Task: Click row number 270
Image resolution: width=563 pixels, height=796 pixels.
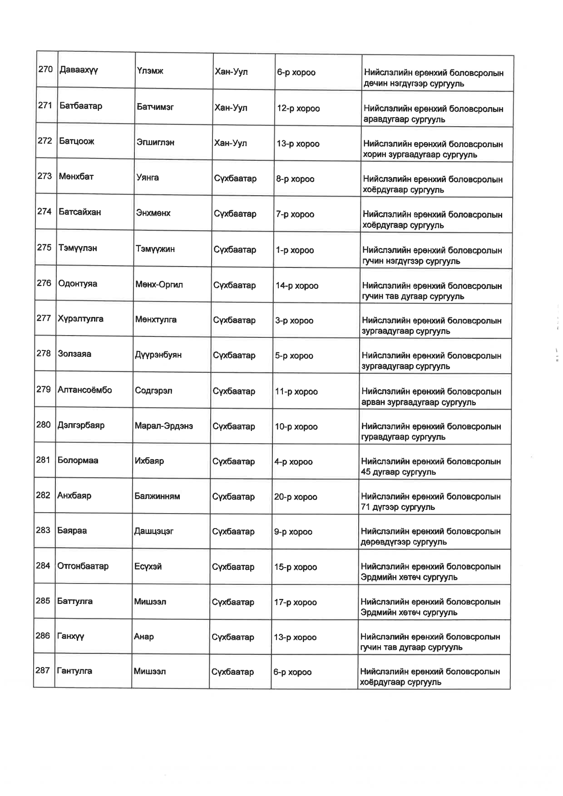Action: click(45, 69)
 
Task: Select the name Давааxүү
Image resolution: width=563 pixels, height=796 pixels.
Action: click(79, 70)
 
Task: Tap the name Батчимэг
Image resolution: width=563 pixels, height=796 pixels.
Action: click(155, 107)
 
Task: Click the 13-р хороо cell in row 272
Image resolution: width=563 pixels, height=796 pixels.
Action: click(298, 144)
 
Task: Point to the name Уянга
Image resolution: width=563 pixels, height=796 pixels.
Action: click(148, 178)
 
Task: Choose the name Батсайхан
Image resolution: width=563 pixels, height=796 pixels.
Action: click(79, 212)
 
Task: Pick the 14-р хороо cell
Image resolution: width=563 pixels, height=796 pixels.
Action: click(297, 286)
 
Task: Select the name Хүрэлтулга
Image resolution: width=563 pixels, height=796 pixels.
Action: click(80, 319)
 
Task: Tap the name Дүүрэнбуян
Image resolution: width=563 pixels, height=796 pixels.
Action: click(158, 355)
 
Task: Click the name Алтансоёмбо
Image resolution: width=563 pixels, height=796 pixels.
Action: click(84, 390)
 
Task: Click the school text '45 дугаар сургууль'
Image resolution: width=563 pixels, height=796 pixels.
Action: click(398, 472)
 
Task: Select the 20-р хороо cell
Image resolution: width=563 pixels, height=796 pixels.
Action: click(296, 497)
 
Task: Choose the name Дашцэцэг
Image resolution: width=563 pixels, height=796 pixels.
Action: click(153, 531)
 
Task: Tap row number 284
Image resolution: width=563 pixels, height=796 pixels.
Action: click(43, 566)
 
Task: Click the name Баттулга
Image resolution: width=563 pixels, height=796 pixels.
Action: click(75, 601)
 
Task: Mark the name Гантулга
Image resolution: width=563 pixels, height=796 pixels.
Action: click(74, 671)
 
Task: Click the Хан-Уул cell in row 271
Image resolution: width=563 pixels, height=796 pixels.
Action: click(231, 108)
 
